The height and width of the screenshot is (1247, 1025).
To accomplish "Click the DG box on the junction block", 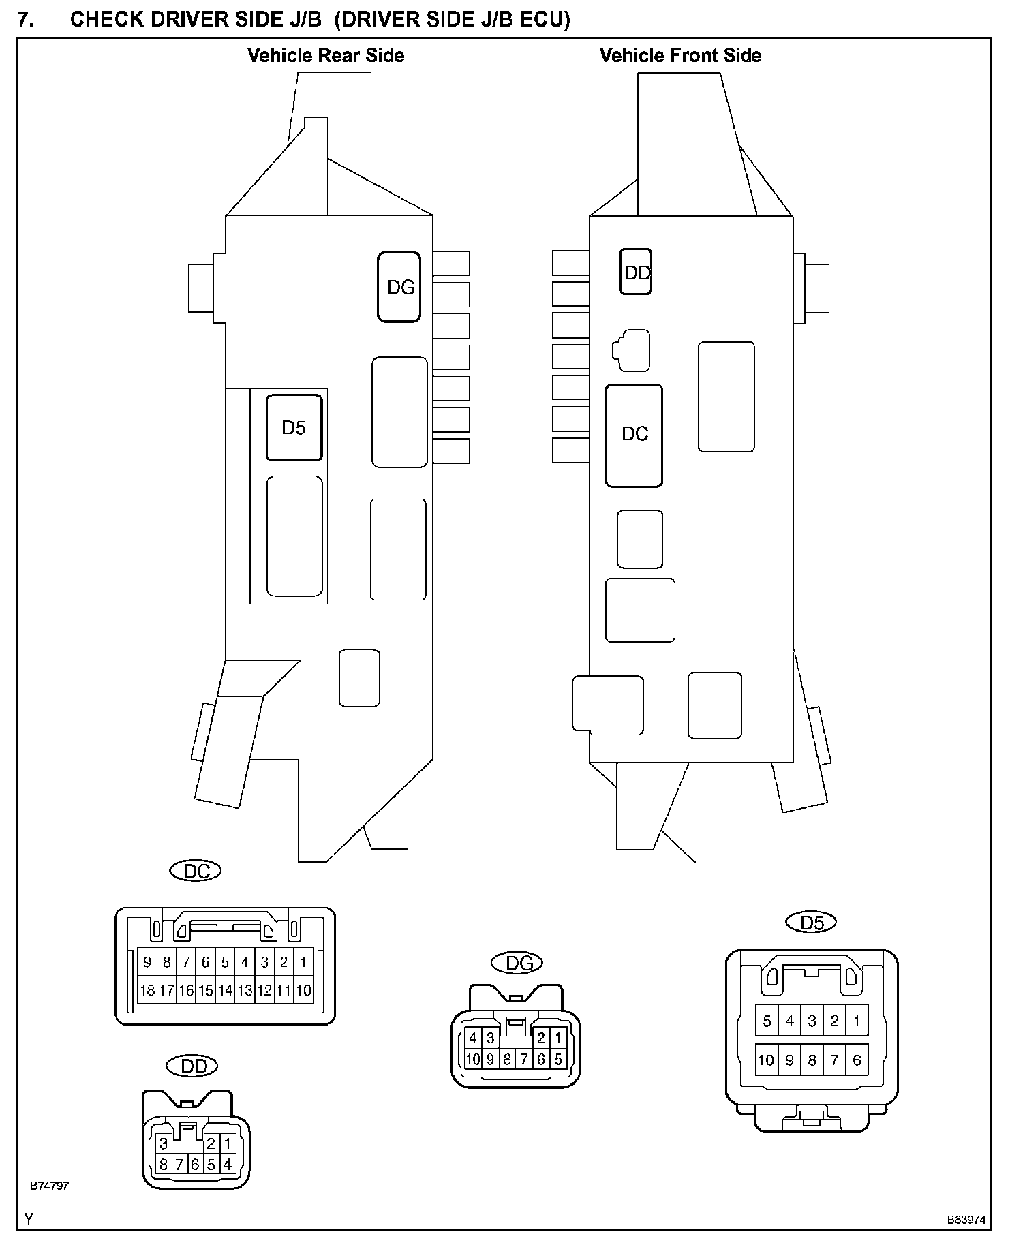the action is coord(399,287).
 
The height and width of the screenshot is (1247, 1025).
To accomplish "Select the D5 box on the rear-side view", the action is coord(294,427).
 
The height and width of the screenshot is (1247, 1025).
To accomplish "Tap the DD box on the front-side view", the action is coord(636,272).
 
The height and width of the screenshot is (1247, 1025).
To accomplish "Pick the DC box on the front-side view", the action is coord(634,435).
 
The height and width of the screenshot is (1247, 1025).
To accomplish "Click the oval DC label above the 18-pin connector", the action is coord(195,871).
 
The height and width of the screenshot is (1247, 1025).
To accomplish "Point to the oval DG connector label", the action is coord(517,963).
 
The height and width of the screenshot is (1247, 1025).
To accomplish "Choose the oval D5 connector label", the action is coord(811,922).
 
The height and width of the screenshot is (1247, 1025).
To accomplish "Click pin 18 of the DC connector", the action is coord(147,990).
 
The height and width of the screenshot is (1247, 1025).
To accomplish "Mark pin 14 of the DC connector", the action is coord(226,990).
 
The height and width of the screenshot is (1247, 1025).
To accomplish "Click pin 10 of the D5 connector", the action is coord(767,1060).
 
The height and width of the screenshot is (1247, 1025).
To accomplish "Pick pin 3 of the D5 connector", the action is coord(812,1021).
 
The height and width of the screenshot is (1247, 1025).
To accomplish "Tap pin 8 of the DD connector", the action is coord(164,1165).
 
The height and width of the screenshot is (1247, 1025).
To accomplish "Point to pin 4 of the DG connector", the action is coord(474,1038).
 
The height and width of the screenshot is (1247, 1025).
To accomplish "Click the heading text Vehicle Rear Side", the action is coord(326,55).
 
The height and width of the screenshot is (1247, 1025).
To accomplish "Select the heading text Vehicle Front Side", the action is coord(680,55).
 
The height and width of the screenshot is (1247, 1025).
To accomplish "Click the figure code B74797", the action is coord(50,1186).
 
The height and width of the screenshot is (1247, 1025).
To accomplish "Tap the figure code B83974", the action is coord(966,1220).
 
